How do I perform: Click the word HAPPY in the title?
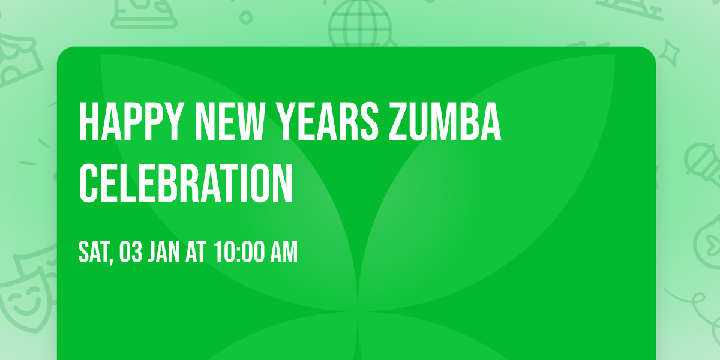pos(130,122)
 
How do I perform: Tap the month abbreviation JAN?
pos(164,253)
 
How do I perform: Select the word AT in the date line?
pos(196,253)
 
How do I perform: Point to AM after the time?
pos(284,253)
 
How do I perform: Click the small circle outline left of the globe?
pos(245,16)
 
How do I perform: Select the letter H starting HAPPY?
pos(88,122)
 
